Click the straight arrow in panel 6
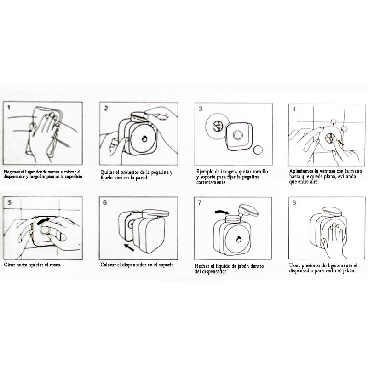[x=130, y=247]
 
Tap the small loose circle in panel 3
[x=258, y=149]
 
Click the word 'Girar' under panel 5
[x=10, y=266]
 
